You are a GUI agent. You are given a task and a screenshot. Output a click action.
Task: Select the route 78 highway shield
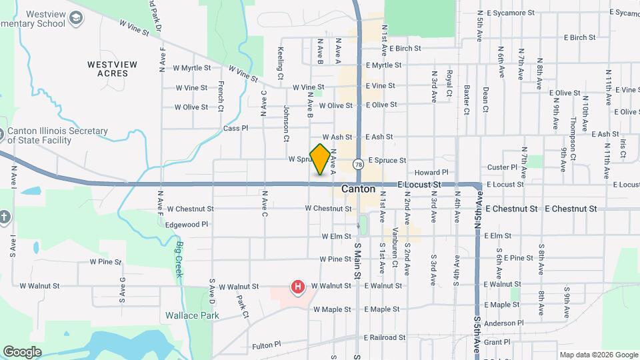tap(359, 164)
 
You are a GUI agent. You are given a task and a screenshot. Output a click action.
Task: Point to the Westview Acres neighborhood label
tap(112, 69)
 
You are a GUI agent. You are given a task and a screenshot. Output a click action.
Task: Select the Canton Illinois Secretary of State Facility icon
tap(3, 135)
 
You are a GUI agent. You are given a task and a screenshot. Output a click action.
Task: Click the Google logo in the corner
tap(22, 351)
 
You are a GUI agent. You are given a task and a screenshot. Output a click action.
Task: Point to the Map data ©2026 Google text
tap(598, 355)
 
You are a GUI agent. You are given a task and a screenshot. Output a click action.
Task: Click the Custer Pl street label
tap(502, 167)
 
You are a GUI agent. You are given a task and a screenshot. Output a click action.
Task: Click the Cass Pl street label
tap(235, 128)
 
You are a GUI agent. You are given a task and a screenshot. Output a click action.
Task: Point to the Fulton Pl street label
tap(268, 347)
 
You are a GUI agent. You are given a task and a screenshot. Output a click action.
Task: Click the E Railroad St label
tap(384, 338)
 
